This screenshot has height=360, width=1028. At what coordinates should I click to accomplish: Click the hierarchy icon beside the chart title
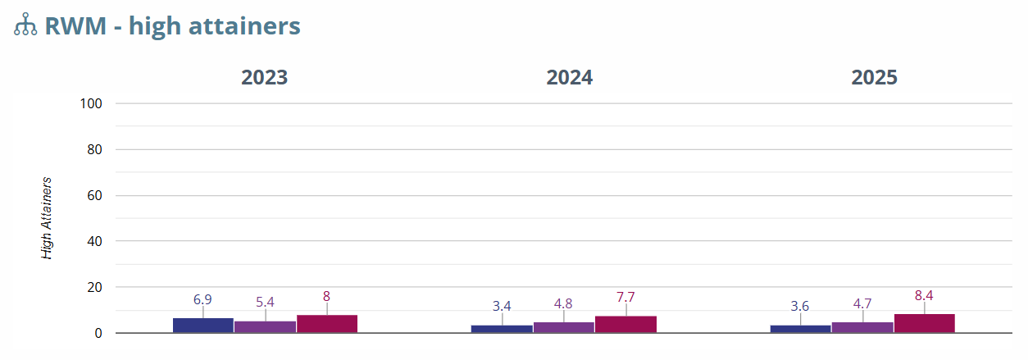tap(25, 25)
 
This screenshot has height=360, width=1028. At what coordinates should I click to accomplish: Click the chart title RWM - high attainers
tap(172, 26)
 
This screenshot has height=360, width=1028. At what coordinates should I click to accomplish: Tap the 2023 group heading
tap(264, 78)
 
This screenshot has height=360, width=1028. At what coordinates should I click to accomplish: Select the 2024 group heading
tap(570, 78)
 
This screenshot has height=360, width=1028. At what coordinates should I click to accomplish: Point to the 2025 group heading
tap(875, 78)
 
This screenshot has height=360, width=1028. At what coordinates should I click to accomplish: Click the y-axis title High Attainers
tap(48, 218)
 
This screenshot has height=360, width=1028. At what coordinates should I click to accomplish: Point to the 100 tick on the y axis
tap(91, 103)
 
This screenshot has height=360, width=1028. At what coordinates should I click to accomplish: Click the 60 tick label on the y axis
tap(93, 195)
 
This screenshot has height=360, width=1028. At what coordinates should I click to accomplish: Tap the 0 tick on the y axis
tap(98, 333)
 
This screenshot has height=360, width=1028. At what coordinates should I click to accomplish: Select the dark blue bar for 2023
tap(203, 325)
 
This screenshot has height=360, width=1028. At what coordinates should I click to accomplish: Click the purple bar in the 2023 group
tap(265, 326)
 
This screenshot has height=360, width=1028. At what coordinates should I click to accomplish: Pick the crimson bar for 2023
tap(326, 324)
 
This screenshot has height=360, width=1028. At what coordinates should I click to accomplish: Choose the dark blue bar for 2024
tap(502, 329)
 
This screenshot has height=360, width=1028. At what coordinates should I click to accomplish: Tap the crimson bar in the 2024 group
tap(625, 324)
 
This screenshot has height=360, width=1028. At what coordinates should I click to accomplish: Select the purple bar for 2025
tap(862, 327)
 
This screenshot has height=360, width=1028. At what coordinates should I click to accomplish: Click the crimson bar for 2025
tap(924, 323)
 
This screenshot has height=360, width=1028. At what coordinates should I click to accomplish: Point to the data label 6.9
tap(202, 300)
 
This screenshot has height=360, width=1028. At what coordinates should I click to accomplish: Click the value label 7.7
tap(625, 298)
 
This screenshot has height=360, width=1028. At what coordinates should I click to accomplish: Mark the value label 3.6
tap(800, 307)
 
